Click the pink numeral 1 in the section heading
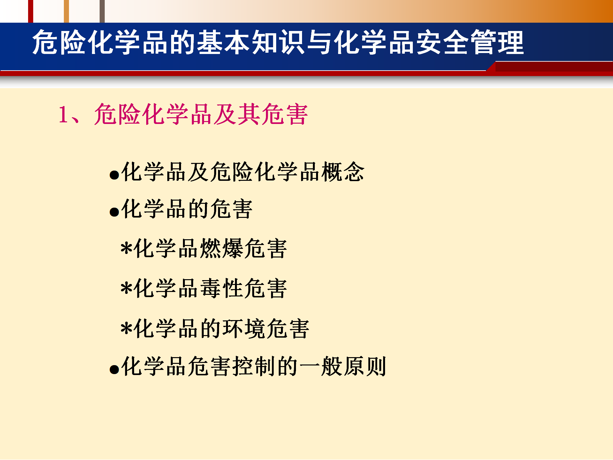pos(63,114)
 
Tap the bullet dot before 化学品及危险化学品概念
pos(114,175)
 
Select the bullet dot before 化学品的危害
pos(114,212)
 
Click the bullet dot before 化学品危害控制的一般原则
pos(114,369)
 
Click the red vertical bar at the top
pos(31,11)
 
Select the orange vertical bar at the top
pos(66,11)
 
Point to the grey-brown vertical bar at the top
pos(102,11)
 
